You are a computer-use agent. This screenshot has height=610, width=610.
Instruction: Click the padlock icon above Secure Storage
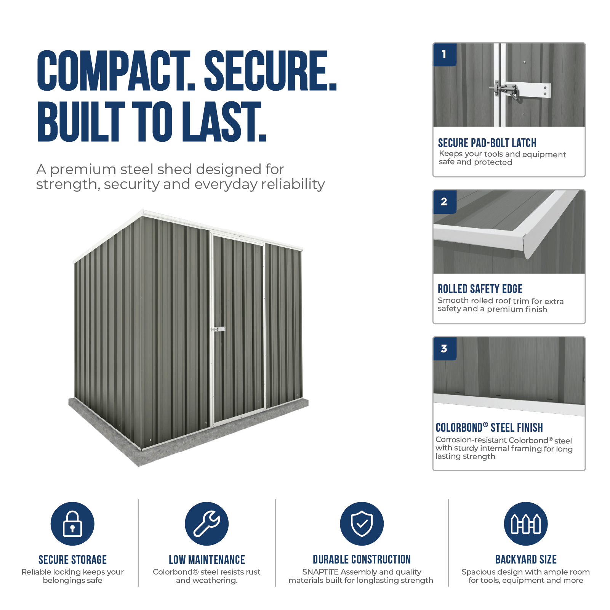[72, 524]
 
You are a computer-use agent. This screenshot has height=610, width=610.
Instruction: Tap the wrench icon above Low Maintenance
[207, 524]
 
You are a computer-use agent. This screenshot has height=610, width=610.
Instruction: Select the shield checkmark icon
[362, 524]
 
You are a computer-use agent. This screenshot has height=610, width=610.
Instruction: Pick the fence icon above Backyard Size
[526, 524]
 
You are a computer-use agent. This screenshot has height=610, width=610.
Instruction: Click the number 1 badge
[445, 54]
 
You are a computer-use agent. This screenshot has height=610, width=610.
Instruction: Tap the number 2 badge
[445, 202]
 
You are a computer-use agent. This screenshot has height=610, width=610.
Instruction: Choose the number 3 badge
[445, 349]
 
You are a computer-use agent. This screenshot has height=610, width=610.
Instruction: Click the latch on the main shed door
[218, 329]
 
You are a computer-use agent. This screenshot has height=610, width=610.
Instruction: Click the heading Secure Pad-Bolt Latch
[487, 143]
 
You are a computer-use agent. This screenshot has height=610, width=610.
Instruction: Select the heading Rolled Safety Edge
[480, 289]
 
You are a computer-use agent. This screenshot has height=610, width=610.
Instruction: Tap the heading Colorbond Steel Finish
[489, 427]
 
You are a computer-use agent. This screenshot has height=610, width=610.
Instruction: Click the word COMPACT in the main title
[116, 71]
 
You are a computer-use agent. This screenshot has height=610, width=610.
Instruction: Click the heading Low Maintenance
[207, 560]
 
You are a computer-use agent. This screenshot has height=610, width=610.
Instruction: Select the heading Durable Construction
[362, 559]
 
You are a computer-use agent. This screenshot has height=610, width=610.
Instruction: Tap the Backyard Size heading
[526, 559]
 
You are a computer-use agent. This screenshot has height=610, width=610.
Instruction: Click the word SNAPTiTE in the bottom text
[320, 572]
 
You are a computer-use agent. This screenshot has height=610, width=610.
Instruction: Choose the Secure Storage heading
[72, 560]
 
